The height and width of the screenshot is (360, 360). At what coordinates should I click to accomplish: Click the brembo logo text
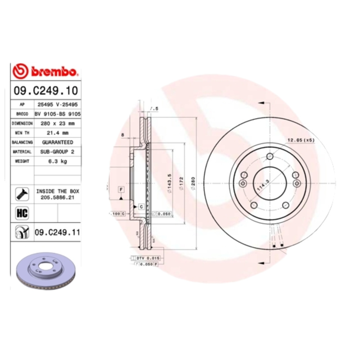pyautogui.click(x=54, y=72)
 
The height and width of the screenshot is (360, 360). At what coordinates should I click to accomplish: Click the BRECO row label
pyautogui.click(x=22, y=114)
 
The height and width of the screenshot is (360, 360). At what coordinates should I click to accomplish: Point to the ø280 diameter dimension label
pyautogui.click(x=193, y=184)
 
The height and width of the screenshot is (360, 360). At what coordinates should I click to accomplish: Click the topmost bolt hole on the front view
pyautogui.click(x=270, y=157)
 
